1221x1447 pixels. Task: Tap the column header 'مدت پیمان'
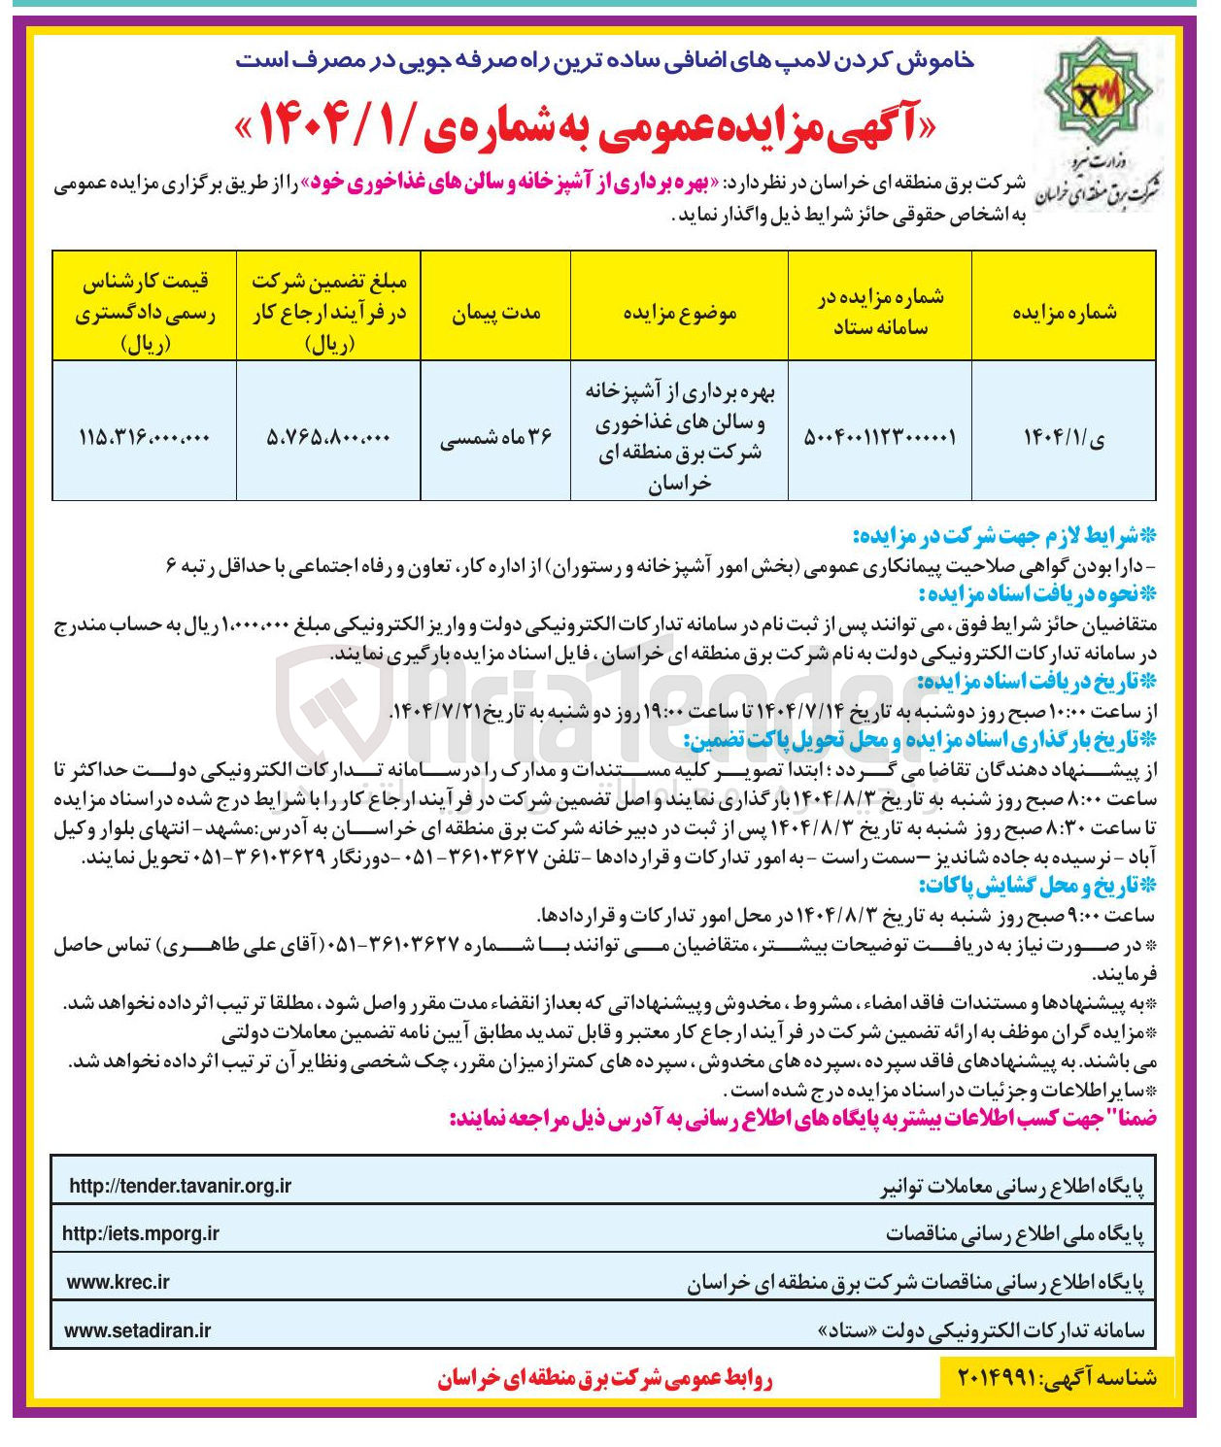point(495,313)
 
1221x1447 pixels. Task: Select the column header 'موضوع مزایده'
point(679,313)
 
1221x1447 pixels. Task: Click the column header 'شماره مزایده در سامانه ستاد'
point(880,312)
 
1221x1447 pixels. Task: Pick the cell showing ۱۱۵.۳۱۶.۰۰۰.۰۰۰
point(144,437)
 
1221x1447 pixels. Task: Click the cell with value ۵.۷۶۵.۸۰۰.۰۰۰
point(328,437)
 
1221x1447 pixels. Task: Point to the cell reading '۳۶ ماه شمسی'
point(495,437)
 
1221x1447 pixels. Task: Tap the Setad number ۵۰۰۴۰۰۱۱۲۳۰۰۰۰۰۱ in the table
point(880,437)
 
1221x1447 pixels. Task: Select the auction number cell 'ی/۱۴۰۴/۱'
point(1064,437)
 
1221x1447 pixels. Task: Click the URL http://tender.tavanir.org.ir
point(181,1186)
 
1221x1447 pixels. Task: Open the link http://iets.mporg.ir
point(141,1233)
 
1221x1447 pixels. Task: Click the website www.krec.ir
point(118,1282)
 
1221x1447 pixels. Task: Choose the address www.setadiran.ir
point(137,1330)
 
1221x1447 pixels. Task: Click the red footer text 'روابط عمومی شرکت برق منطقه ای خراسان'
point(604,1379)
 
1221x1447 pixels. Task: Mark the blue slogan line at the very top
point(604,60)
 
